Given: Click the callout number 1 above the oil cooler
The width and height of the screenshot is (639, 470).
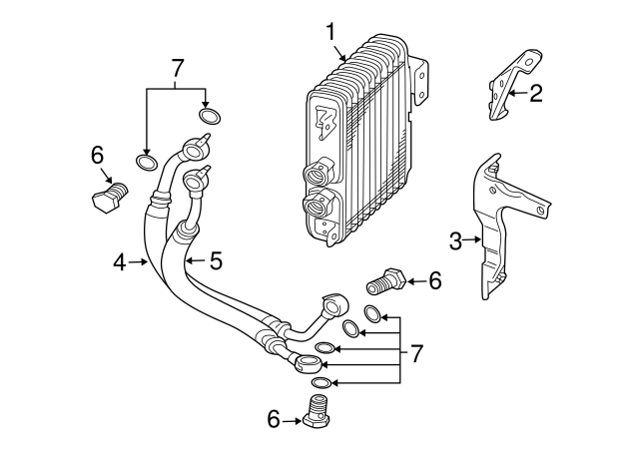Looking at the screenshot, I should point(329,32).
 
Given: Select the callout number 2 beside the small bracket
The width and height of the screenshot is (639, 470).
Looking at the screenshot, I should point(536,94).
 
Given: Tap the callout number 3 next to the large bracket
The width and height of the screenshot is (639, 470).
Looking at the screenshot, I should point(455,240).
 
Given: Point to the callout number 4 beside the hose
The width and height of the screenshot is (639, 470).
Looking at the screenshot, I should point(119,262).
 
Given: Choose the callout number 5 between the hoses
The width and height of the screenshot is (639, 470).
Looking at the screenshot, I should point(216,261).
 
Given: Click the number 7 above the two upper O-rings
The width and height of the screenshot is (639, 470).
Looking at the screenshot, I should point(178,68).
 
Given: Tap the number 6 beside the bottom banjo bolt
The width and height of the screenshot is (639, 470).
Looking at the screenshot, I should point(274,420).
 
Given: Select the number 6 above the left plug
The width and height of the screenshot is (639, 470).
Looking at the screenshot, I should point(97,155).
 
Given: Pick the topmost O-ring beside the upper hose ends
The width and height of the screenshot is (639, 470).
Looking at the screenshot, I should point(210,116).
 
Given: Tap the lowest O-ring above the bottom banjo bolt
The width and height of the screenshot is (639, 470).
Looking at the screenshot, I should point(321,383).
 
